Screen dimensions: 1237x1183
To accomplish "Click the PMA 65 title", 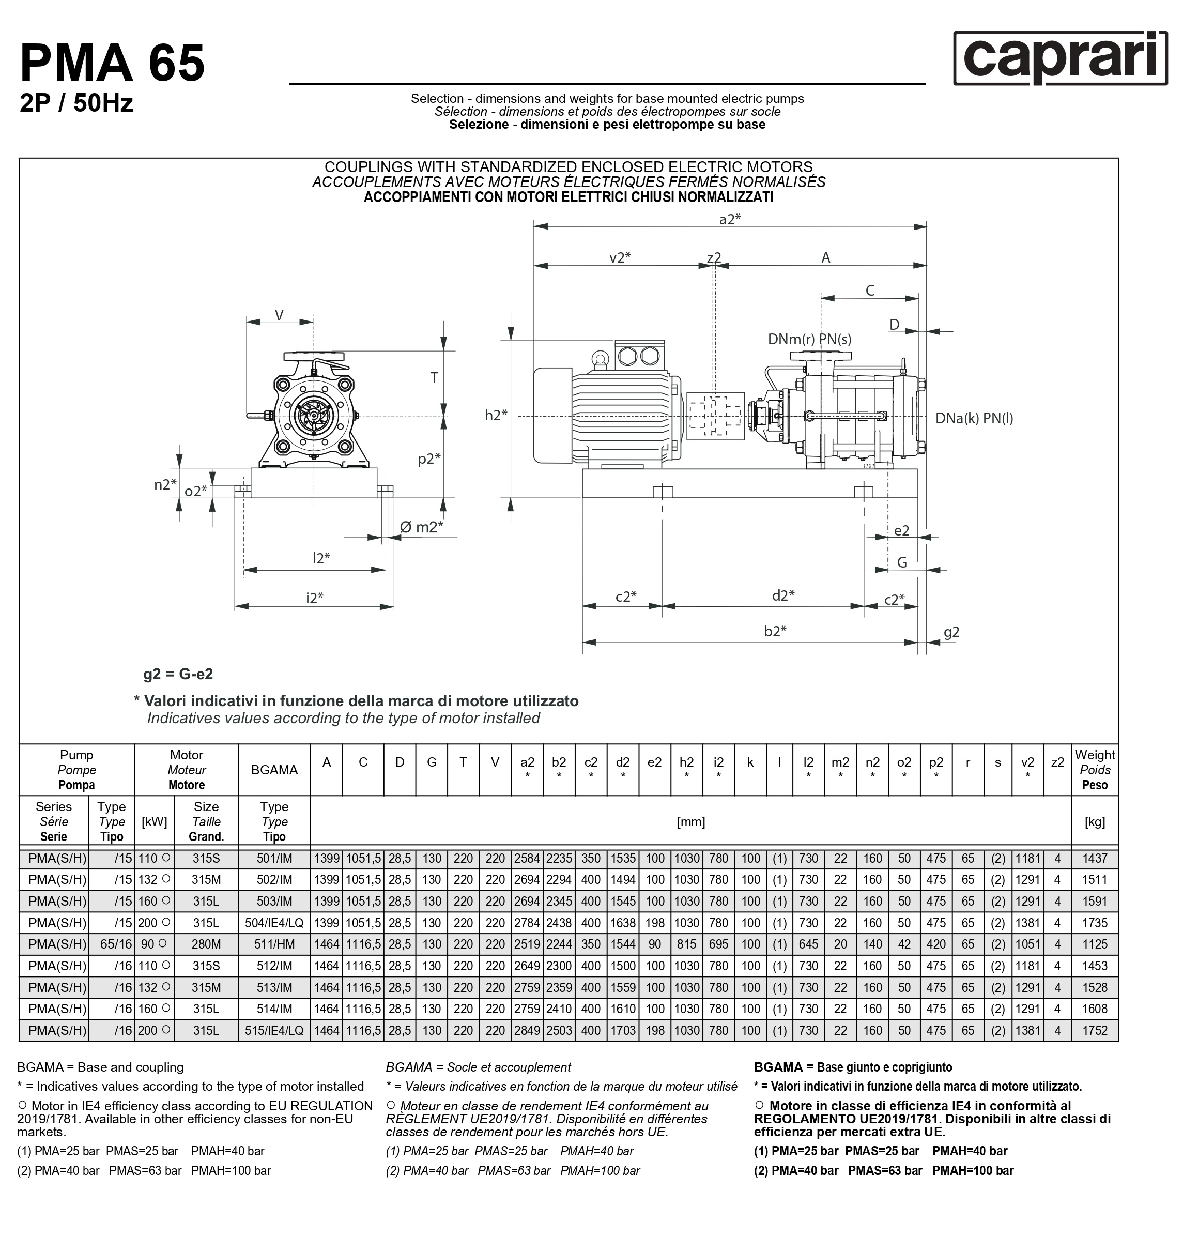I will (x=112, y=63).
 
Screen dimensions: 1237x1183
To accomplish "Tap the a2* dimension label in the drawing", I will (x=730, y=219).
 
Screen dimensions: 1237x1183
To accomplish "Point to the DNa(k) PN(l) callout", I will (x=974, y=418).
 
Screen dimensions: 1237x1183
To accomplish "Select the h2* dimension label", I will (x=496, y=415).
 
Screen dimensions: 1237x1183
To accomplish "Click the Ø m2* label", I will (x=421, y=527).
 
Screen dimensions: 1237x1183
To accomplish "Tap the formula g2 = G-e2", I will (x=178, y=674).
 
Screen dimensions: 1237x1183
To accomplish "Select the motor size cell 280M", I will (x=206, y=944).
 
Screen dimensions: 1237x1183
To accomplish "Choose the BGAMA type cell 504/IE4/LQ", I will (x=274, y=923).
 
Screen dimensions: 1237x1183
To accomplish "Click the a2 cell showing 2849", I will (x=527, y=1030).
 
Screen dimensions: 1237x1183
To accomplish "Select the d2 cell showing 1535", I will (x=622, y=859).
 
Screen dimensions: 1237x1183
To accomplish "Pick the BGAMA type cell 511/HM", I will (x=274, y=944).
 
